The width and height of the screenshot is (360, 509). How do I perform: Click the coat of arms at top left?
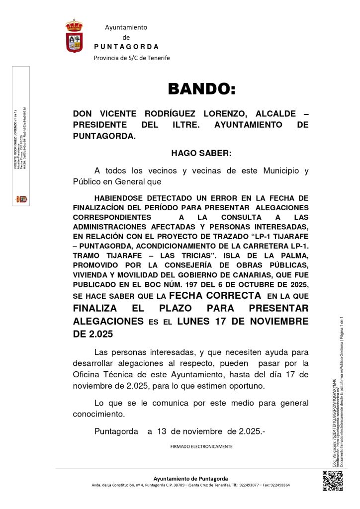point(74,36)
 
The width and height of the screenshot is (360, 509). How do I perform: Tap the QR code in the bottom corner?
point(333,481)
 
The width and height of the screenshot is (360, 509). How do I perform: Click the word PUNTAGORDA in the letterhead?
point(126,47)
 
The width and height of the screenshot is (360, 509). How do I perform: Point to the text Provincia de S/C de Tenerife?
point(132,58)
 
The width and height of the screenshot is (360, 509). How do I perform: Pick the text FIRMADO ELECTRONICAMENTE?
point(201,446)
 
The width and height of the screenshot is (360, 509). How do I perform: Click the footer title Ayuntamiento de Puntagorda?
point(190,478)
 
